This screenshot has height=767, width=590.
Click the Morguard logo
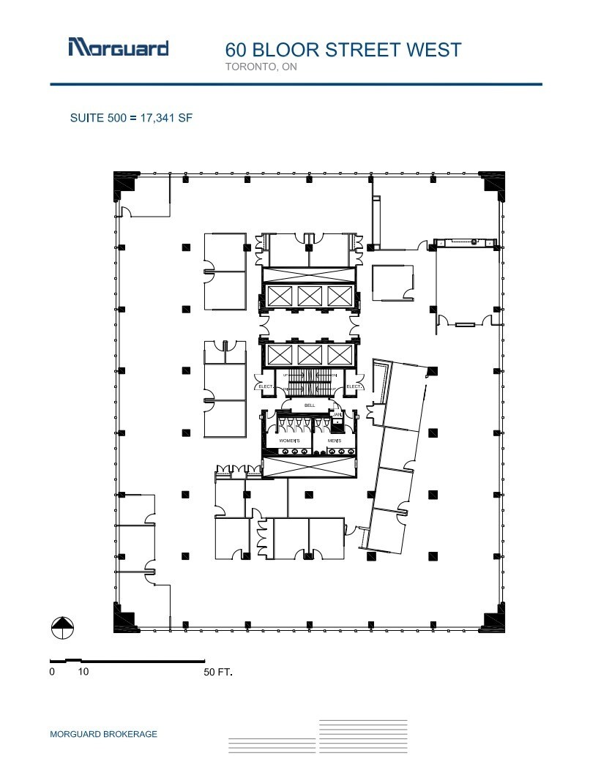tap(118, 48)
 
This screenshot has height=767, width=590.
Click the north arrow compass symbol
tap(62, 627)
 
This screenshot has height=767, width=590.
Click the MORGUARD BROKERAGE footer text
tap(103, 734)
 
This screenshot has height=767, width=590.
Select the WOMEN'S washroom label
tap(288, 441)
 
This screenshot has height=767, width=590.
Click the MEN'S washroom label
tap(334, 441)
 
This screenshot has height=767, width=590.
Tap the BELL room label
tap(309, 405)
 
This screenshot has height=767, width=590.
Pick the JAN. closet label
tap(337, 415)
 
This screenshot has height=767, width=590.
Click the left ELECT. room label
tap(265, 386)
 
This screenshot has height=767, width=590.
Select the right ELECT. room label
tap(354, 386)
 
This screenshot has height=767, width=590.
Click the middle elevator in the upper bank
tap(309, 296)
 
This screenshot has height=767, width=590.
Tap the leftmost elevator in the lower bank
tap(279, 355)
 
